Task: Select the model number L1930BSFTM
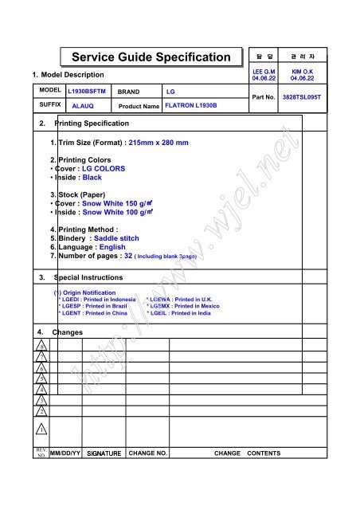point(87,92)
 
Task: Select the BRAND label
point(129,92)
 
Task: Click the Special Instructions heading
point(88,277)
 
